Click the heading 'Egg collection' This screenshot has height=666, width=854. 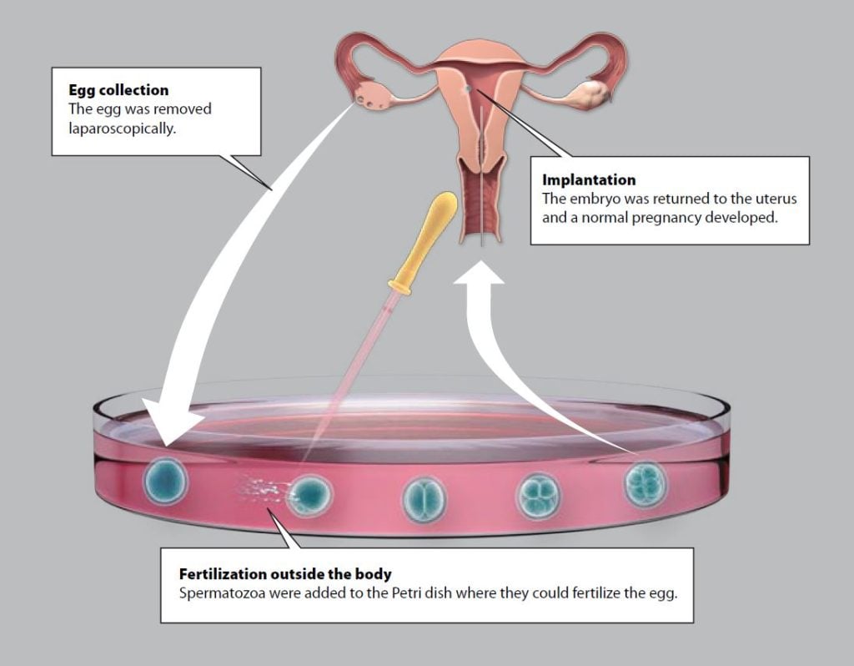[118, 90]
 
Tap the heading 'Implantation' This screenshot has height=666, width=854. [589, 179]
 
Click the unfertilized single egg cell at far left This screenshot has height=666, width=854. [165, 482]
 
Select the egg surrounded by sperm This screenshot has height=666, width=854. [309, 495]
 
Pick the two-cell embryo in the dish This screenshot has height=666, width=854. [424, 500]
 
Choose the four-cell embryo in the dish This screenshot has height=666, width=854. [538, 496]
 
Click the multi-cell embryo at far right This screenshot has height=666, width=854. [646, 485]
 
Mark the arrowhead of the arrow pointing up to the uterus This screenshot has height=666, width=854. [479, 272]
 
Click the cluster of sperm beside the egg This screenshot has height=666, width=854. [258, 488]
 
